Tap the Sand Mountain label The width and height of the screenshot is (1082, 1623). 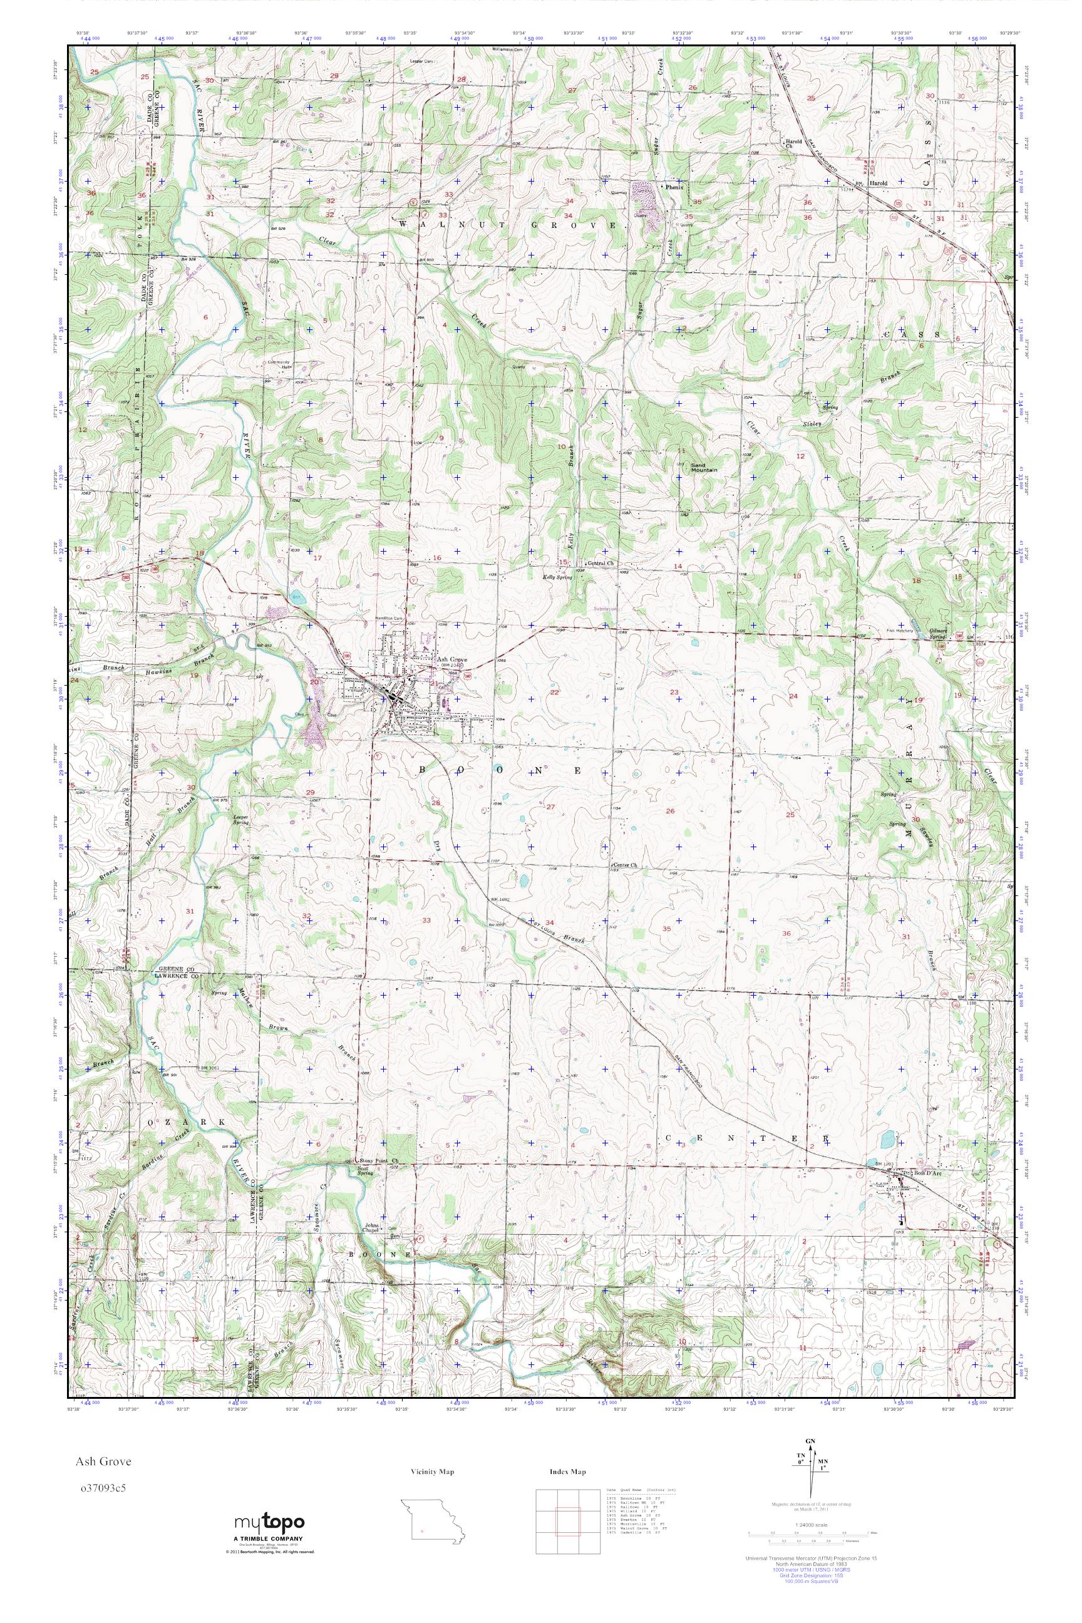[704, 467]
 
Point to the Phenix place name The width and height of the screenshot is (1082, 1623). [672, 187]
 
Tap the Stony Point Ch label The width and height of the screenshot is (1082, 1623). [383, 1162]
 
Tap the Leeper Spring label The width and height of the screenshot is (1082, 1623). [241, 820]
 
